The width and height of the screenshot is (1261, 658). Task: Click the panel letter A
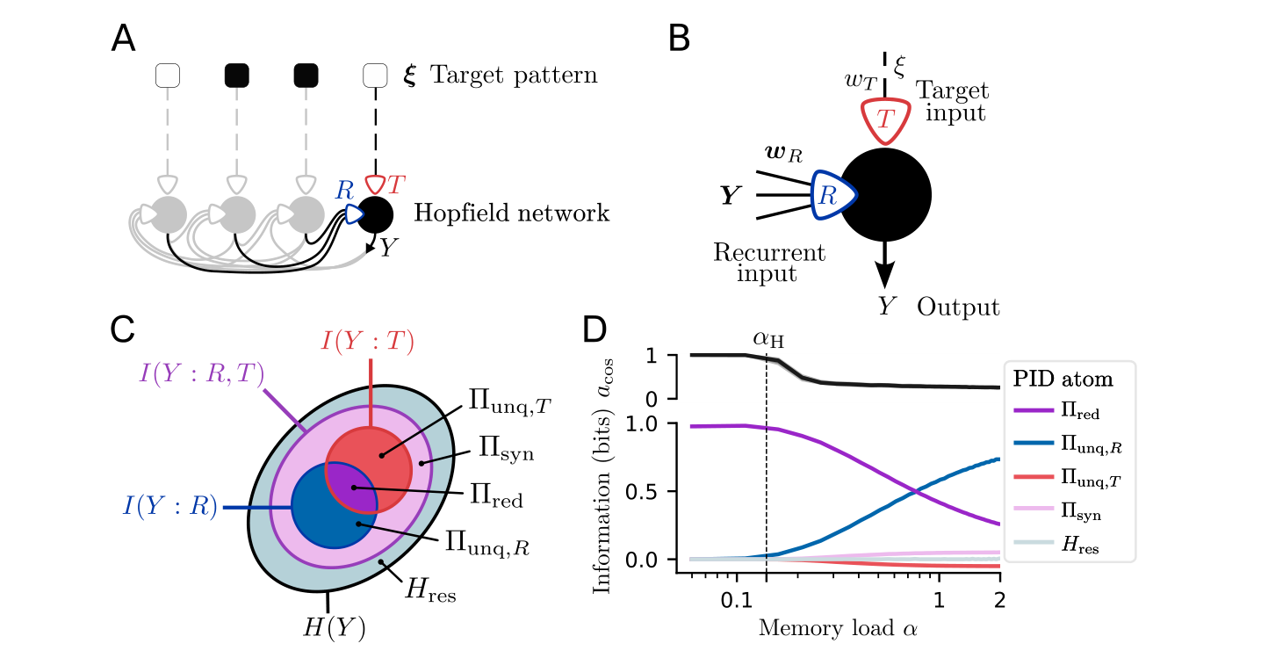pyautogui.click(x=124, y=40)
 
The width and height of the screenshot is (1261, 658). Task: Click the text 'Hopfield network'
pyautogui.click(x=511, y=213)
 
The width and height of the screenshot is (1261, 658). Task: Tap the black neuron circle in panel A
pyautogui.click(x=376, y=214)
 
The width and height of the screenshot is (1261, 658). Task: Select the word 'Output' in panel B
pyautogui.click(x=959, y=307)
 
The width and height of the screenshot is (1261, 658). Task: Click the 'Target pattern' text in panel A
pyautogui.click(x=514, y=76)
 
